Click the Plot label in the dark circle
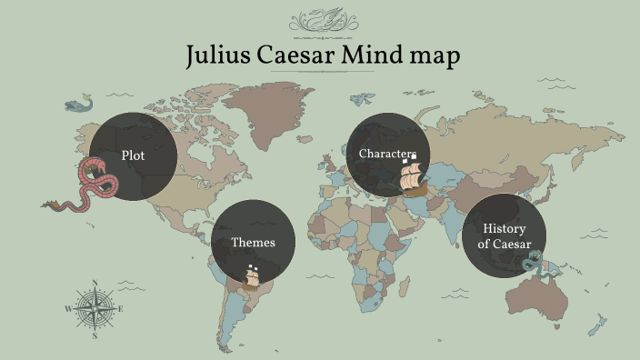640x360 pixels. tap(133, 155)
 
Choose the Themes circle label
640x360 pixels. tap(253, 243)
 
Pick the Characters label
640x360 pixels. tap(386, 153)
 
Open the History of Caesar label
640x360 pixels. tap(505, 236)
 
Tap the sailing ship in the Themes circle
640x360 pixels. tap(253, 275)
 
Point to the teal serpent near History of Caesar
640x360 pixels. tap(532, 262)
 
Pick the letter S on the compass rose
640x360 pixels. tap(95, 336)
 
